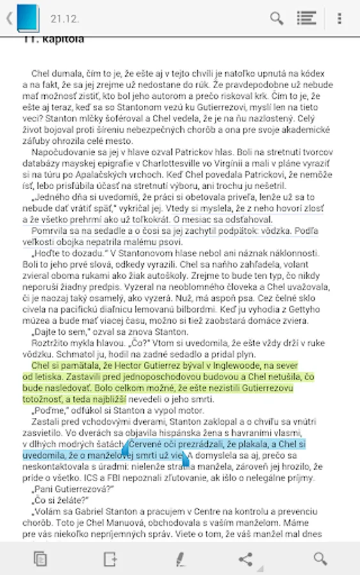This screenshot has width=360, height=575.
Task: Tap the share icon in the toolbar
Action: [246, 559]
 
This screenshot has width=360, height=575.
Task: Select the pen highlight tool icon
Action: [180, 559]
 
